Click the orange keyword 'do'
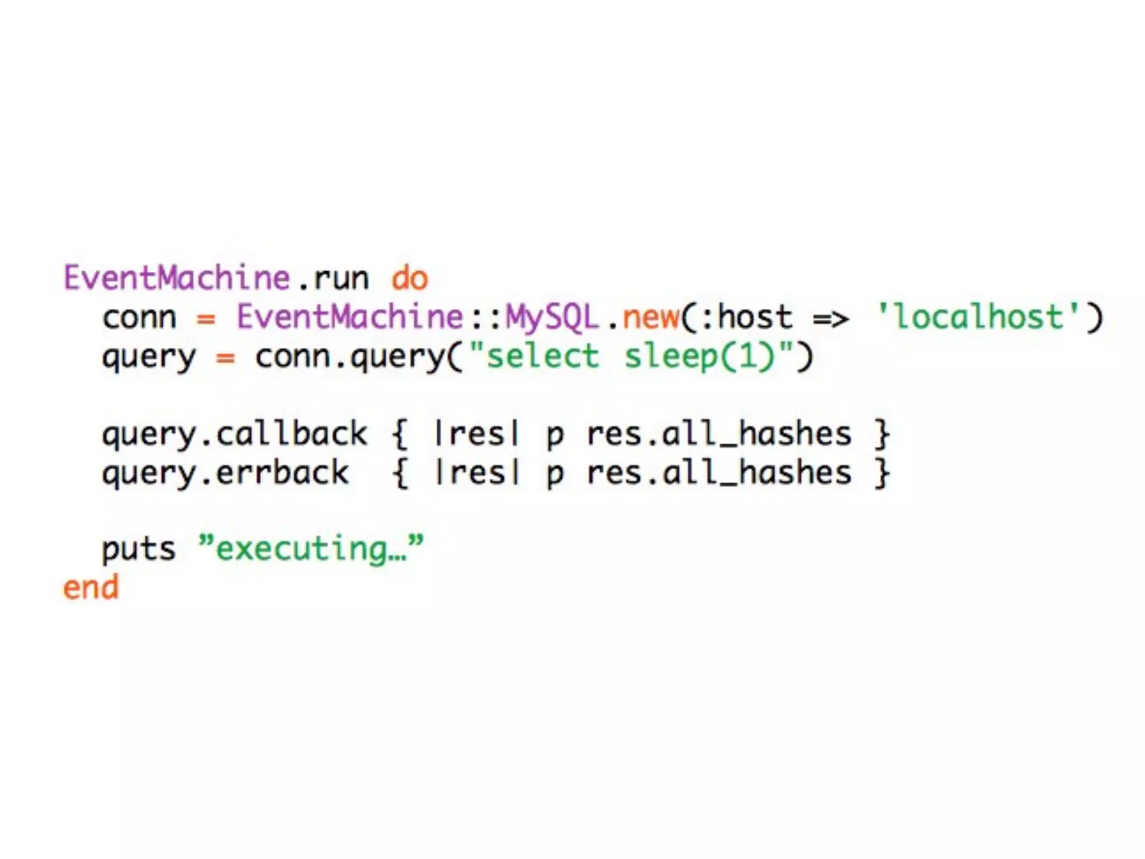pos(410,278)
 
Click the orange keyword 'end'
pos(91,588)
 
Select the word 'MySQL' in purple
pos(552,317)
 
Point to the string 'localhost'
pos(978,317)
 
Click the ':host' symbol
pos(744,317)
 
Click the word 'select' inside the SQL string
pos(542,356)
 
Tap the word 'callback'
pos(291,434)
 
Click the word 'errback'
pos(282,473)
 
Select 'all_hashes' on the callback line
pos(756,434)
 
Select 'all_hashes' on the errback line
pos(756,473)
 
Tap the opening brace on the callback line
pos(400,434)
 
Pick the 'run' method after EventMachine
pos(341,278)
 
